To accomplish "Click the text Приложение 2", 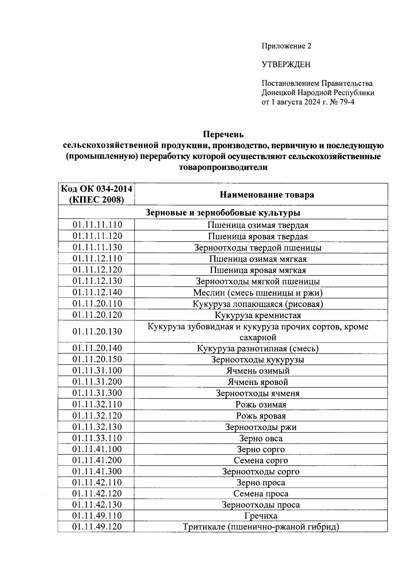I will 286,46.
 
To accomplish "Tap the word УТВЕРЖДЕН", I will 286,64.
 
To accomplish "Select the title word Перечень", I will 223,135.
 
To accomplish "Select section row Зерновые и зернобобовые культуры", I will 223,213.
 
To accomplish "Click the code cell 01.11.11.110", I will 97,225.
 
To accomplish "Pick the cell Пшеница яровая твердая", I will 258,236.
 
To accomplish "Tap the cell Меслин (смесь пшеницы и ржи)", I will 258,293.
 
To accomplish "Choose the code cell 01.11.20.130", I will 97,332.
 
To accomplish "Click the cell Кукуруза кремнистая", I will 258,315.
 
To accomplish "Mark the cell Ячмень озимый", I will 258,371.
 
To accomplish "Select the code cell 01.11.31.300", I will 97,393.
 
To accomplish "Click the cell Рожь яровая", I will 261,416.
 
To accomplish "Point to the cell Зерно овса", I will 261,438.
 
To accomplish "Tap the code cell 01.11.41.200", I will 97,460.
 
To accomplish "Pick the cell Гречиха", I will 261,516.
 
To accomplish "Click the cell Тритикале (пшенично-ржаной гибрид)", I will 261,527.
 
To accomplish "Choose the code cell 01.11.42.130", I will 97,505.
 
